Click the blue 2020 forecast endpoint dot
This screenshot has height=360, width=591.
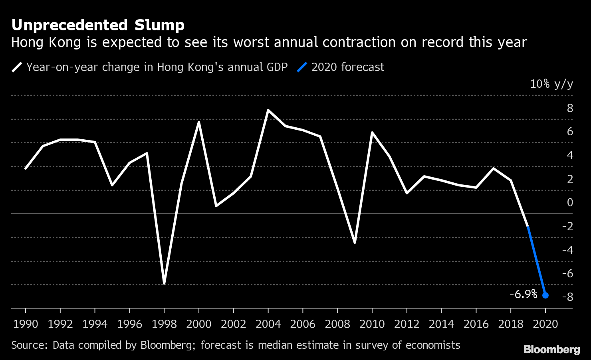coord(545,295)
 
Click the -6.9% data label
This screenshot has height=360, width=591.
coord(524,294)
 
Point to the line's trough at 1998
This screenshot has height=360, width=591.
coord(164,283)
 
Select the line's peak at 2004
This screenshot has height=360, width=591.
coord(268,110)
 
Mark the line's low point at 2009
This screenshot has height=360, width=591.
coord(355,242)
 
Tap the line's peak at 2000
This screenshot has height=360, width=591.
coord(199,122)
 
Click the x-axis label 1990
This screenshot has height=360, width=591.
coord(26,324)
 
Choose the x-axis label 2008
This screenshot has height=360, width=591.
coord(337,324)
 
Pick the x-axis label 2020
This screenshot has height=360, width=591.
coord(545,324)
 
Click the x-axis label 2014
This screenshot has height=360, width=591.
coord(441,324)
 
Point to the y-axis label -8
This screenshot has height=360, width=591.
coord(567,297)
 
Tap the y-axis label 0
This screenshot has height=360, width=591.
coord(570,202)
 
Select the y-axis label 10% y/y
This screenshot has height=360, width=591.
coord(551,84)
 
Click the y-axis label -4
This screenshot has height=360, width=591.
coord(567,250)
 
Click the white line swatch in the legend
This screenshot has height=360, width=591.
coord(17,67)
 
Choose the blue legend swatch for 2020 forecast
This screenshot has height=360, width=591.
coord(302,67)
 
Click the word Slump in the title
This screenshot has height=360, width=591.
coord(159,25)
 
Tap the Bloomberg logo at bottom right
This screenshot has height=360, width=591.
coord(551,349)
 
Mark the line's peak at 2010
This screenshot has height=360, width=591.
coord(372,133)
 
